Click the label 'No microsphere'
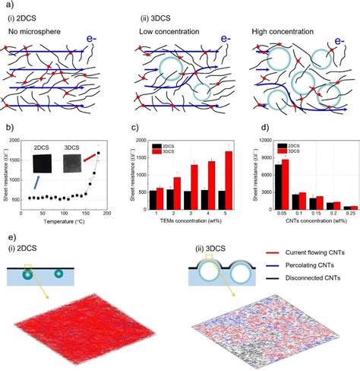tap(32, 31)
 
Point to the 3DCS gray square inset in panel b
tap(86, 163)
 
